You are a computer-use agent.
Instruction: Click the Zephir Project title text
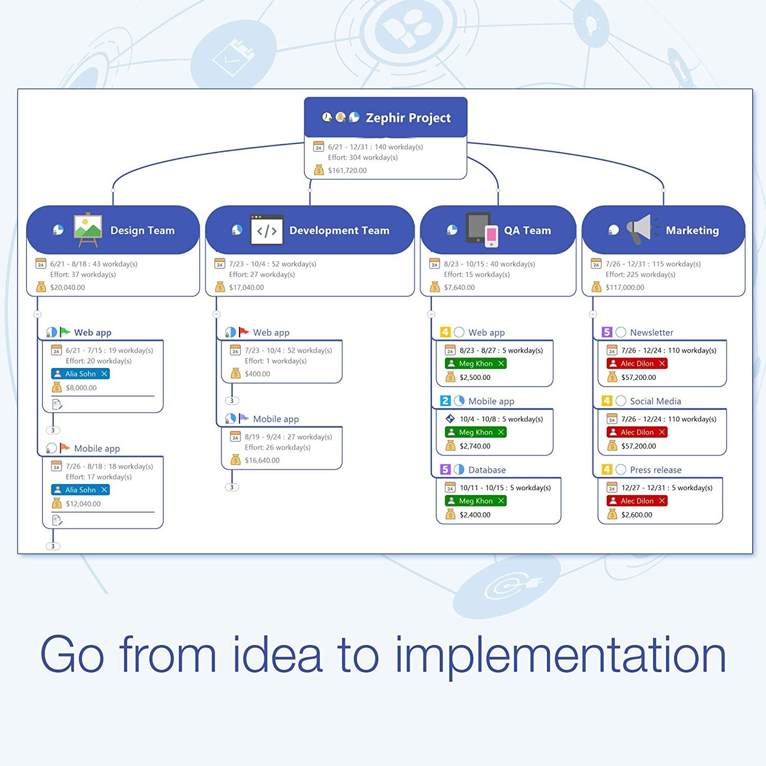(x=408, y=118)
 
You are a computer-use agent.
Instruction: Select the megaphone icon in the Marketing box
(x=641, y=229)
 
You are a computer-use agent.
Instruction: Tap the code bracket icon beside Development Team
(x=267, y=230)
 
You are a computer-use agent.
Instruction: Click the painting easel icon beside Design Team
(x=88, y=229)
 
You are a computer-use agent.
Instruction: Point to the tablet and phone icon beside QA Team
(x=482, y=230)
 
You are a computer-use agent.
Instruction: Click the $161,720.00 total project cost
(x=347, y=171)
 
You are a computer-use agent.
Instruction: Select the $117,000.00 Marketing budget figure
(x=625, y=288)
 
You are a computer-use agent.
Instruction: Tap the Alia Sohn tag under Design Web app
(x=80, y=374)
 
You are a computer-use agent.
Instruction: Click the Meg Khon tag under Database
(x=475, y=501)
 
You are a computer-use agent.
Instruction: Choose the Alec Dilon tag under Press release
(x=637, y=501)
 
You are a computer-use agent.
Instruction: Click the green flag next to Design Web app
(x=65, y=332)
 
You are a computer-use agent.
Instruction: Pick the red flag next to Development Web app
(x=244, y=332)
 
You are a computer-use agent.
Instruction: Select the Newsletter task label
(x=651, y=332)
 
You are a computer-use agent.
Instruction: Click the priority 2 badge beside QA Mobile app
(x=445, y=401)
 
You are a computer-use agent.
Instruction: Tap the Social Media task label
(x=655, y=401)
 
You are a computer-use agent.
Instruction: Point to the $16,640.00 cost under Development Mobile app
(x=262, y=461)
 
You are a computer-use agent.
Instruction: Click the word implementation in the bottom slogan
(x=560, y=655)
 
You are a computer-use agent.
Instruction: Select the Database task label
(x=487, y=470)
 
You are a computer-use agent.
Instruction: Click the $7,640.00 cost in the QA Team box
(x=459, y=288)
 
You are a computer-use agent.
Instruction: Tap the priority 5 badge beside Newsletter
(x=607, y=332)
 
